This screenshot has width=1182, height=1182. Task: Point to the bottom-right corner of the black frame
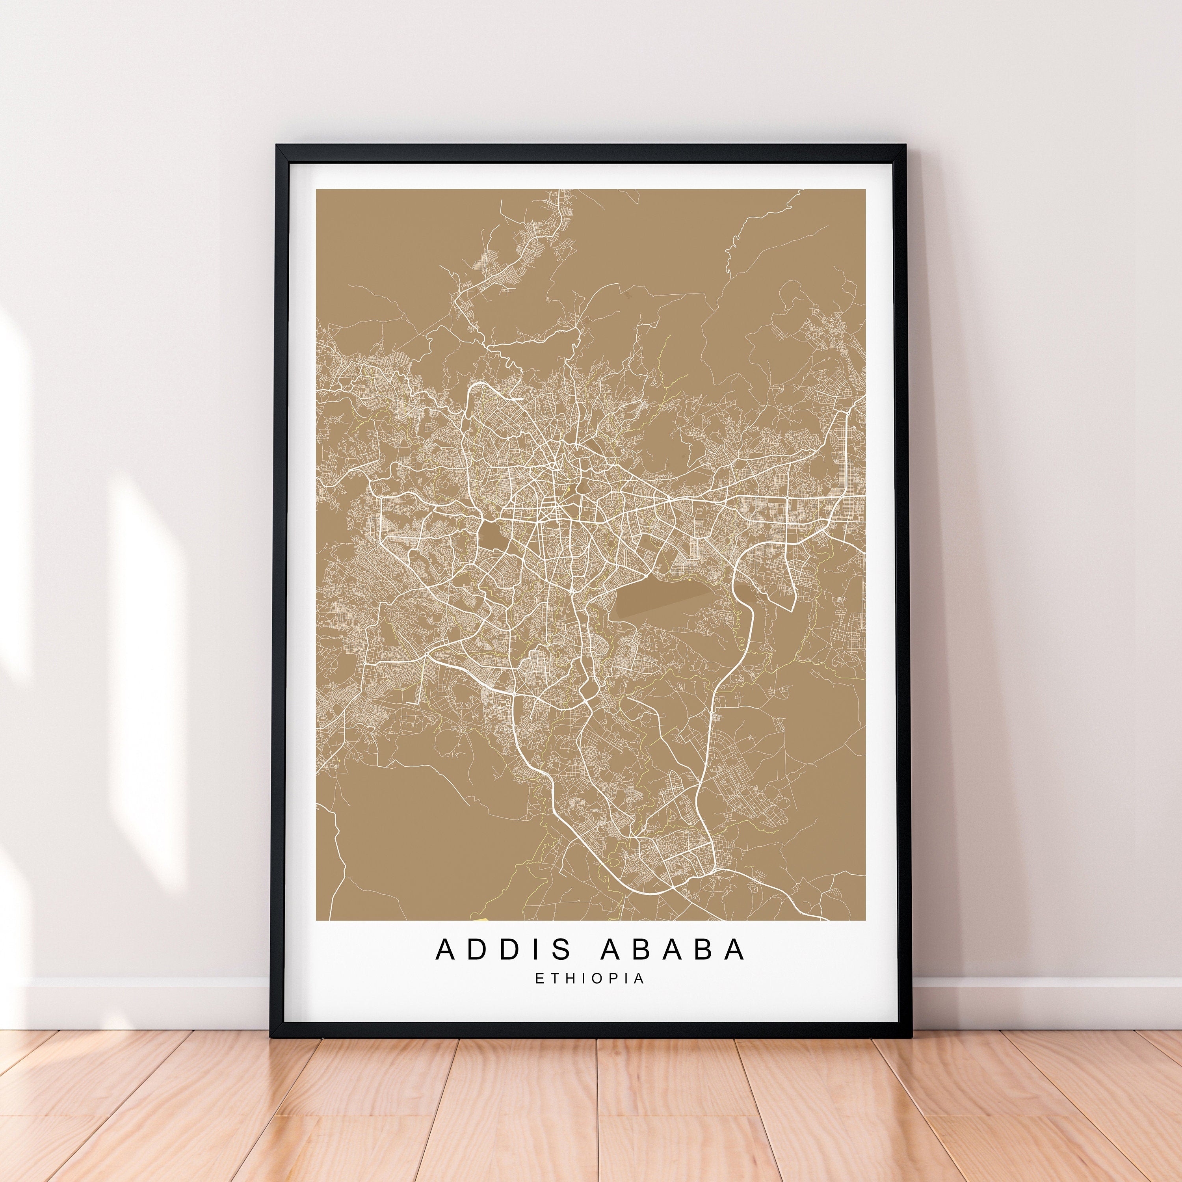(912, 1036)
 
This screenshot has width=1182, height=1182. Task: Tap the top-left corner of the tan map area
(316, 190)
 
